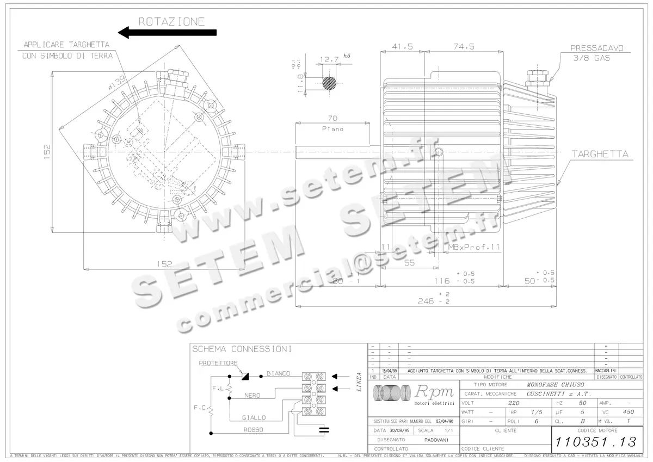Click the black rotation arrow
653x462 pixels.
167,33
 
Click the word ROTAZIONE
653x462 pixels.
171,21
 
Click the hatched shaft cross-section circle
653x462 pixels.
329,83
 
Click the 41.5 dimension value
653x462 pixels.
402,47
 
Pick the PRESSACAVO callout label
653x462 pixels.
596,48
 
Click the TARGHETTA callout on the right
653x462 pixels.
600,155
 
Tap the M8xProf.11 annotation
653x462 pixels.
473,247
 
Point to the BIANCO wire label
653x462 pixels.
278,373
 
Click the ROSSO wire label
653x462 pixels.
254,430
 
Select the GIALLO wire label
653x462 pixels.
254,417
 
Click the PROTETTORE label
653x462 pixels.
217,362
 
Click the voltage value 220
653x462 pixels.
513,403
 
